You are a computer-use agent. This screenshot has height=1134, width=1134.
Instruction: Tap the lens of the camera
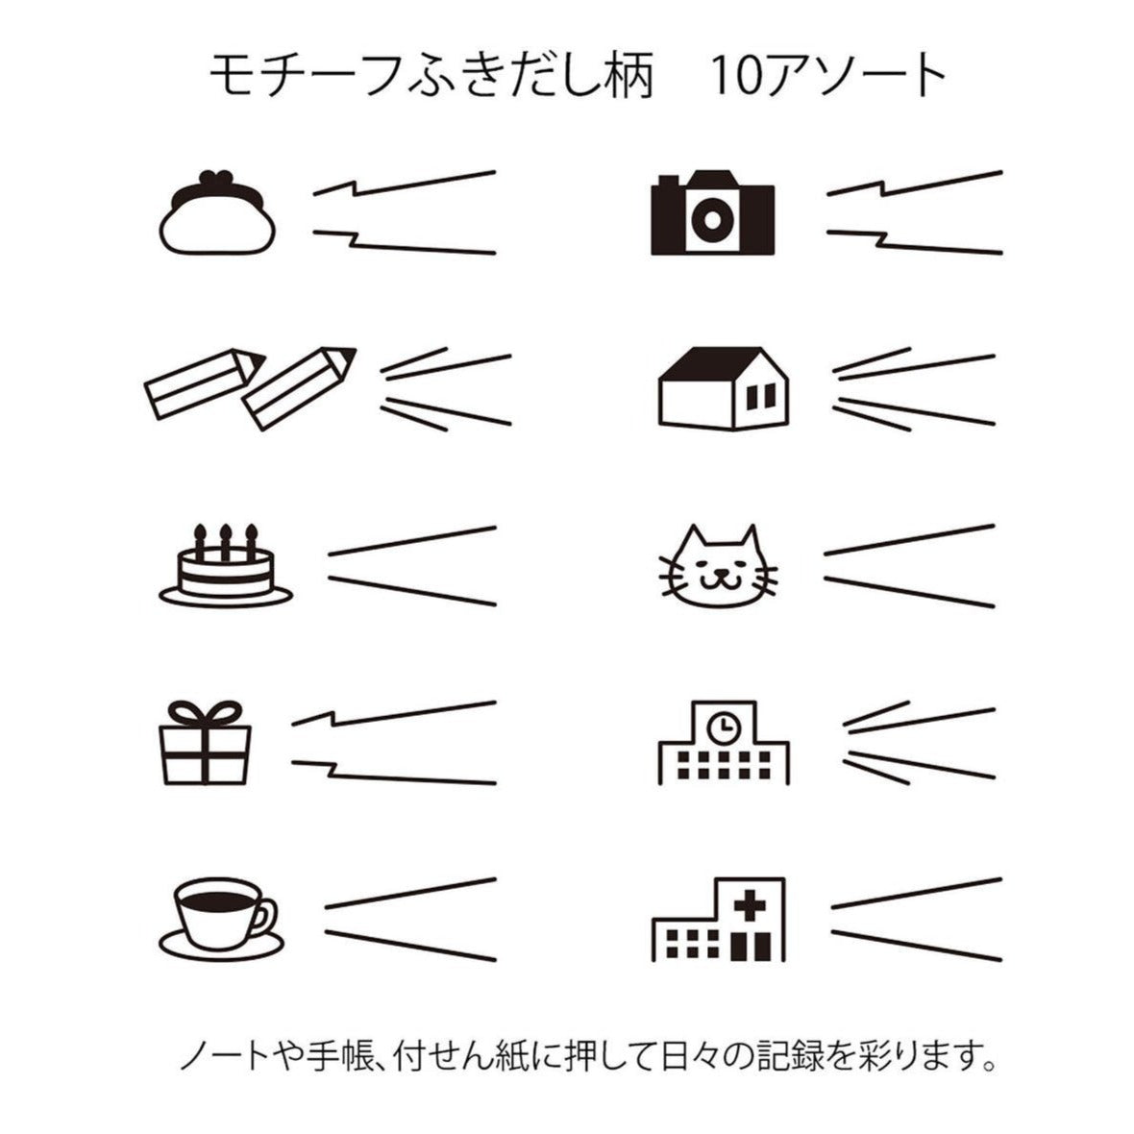712,218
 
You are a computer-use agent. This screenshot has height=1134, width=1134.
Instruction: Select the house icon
724,388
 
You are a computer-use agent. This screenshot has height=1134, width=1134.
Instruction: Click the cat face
719,569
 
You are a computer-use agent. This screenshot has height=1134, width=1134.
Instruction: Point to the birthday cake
226,565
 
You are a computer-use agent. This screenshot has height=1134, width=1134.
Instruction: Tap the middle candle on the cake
226,542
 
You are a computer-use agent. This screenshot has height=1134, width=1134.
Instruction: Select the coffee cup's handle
264,917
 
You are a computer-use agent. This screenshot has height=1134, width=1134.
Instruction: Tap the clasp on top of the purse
217,178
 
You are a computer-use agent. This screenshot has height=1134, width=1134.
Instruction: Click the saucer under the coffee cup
221,947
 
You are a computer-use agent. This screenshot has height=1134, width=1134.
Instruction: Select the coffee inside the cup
218,900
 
